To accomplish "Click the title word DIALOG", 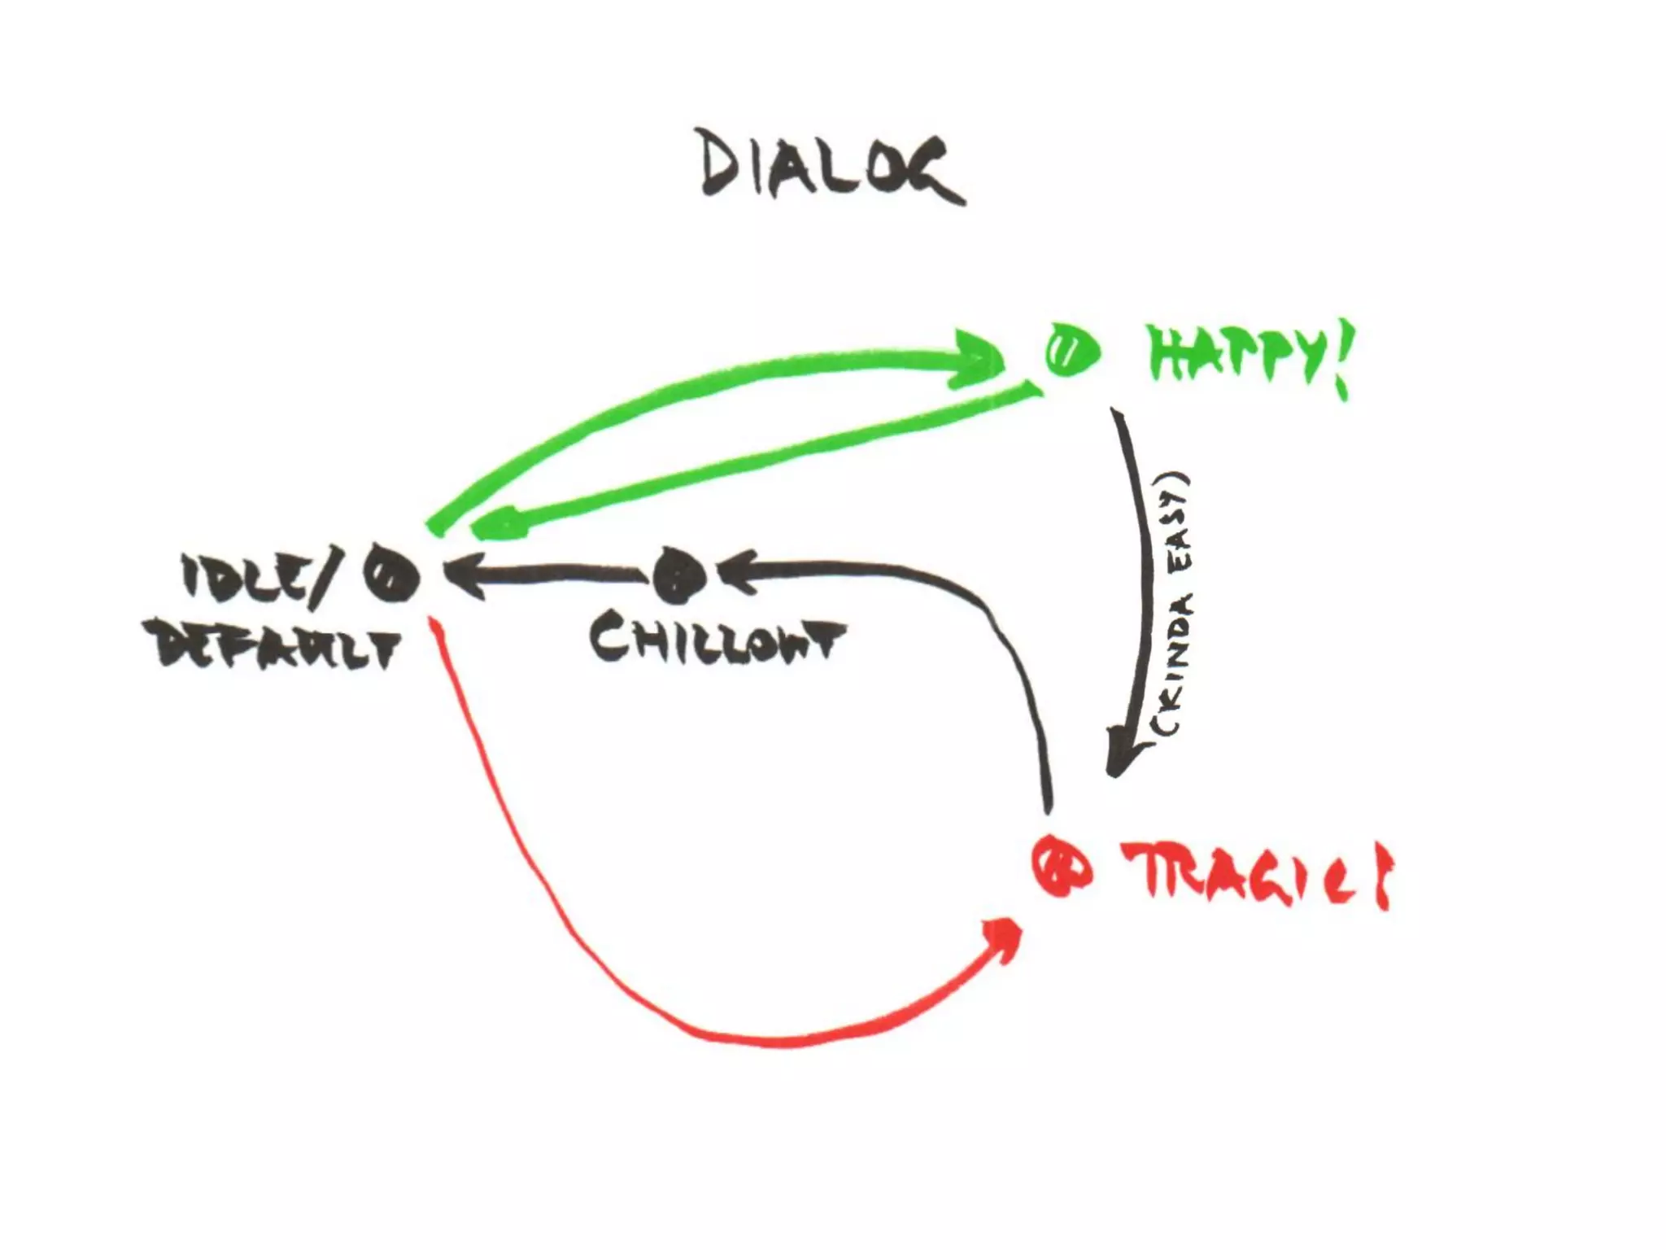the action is coord(830,169).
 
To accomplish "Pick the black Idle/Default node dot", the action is coord(391,575).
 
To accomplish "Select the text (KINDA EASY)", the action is coord(1171,606).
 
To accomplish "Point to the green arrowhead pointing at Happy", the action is coord(980,358).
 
